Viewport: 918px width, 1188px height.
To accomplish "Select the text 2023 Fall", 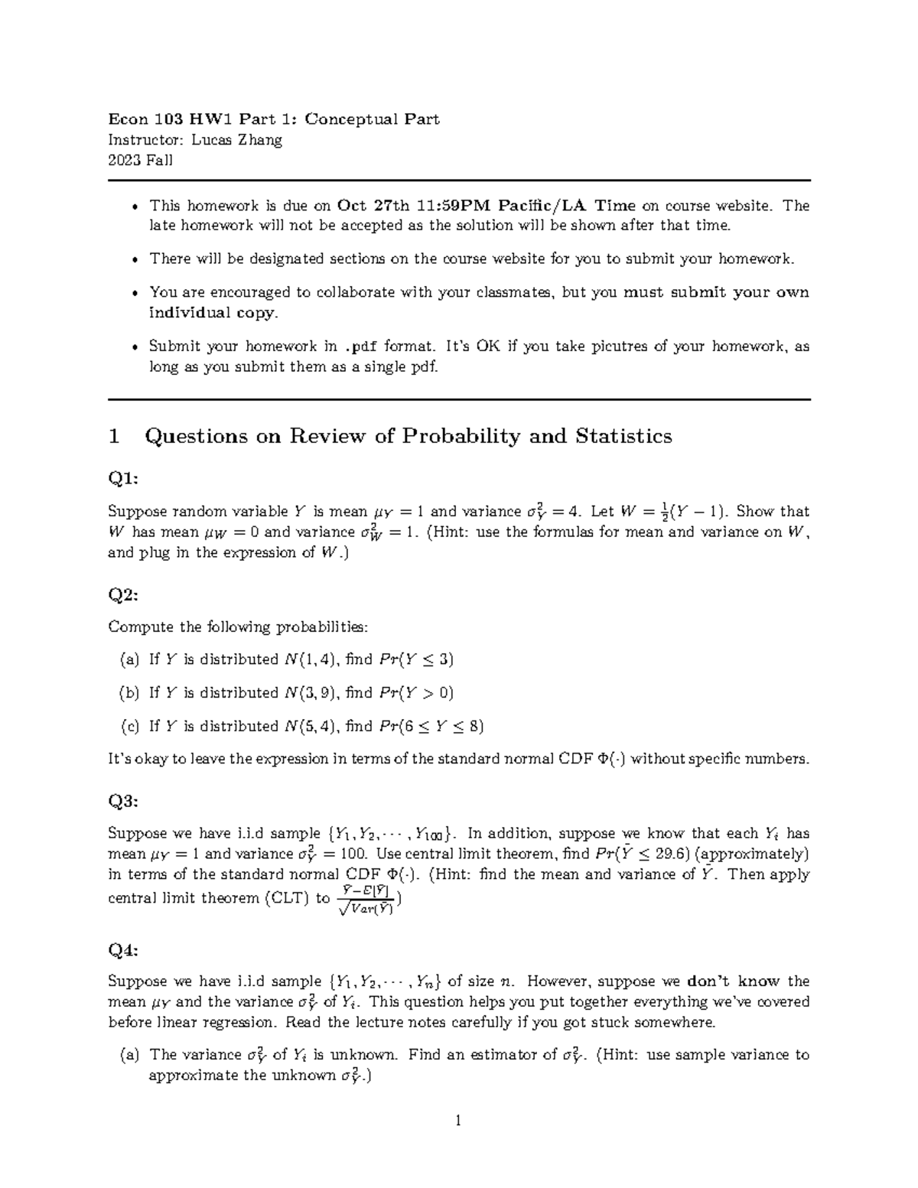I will (141, 160).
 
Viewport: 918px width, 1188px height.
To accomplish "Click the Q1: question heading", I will (123, 479).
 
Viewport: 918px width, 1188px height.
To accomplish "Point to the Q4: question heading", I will (123, 950).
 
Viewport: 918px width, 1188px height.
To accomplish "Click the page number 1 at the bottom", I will (458, 1121).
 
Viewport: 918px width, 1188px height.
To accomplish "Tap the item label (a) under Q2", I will (130, 659).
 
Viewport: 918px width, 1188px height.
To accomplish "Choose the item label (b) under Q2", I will (130, 693).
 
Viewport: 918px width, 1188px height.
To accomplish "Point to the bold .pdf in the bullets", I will (360, 347).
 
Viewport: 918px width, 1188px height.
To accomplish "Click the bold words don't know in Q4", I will (733, 981).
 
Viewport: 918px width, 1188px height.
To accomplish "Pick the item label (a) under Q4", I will (130, 1055).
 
